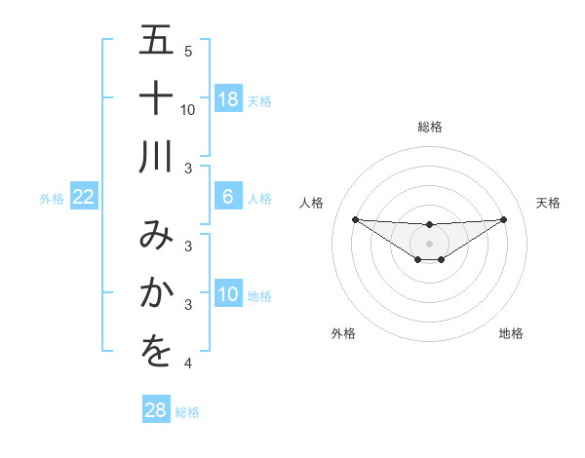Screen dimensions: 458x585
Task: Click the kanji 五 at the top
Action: (156, 42)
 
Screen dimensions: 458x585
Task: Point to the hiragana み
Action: (156, 237)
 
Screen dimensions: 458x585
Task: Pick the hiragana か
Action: (156, 293)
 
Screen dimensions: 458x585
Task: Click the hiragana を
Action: (156, 351)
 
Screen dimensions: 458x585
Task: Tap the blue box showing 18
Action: (228, 99)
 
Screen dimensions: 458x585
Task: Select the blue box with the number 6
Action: (228, 197)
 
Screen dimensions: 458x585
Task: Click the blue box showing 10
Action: (228, 294)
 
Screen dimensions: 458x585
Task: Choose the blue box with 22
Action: (84, 197)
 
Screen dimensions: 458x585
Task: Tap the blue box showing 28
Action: (156, 410)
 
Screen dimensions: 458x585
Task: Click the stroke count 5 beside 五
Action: (188, 51)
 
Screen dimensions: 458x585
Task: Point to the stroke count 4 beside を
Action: (188, 363)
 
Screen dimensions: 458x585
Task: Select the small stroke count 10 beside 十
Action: (188, 109)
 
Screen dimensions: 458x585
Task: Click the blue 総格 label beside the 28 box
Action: (187, 412)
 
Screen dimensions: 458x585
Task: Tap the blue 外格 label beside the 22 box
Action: (52, 199)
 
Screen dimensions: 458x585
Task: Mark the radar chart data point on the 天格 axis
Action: (503, 219)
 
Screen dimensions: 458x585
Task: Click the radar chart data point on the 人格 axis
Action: (356, 219)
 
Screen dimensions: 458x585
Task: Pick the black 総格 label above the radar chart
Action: (430, 128)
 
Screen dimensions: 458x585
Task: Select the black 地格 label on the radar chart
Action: (511, 334)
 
